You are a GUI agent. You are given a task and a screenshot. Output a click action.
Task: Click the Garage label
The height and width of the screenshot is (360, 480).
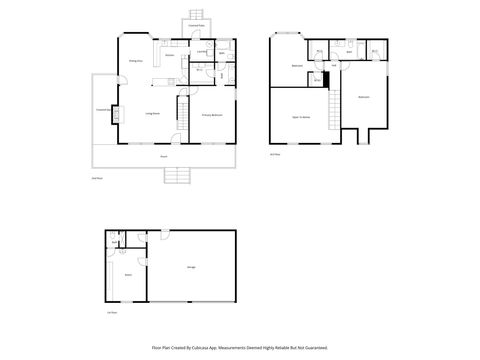tap(191, 267)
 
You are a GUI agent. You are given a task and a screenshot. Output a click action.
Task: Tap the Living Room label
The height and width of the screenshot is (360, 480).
tap(153, 115)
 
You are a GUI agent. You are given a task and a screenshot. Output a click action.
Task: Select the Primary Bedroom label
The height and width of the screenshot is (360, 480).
tap(211, 116)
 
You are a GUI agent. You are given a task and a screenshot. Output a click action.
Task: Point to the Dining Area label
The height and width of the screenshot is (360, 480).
tap(133, 61)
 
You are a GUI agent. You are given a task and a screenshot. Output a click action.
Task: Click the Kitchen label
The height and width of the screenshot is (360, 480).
tap(170, 56)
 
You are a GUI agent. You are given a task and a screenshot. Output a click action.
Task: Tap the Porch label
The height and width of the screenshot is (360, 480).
tap(163, 157)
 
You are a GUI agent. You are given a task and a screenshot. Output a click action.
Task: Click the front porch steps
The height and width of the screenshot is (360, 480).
tap(176, 177)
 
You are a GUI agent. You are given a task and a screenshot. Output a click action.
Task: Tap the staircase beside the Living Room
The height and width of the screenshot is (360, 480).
tap(183, 114)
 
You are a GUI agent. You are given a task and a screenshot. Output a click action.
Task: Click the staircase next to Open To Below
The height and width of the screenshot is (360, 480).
tap(331, 105)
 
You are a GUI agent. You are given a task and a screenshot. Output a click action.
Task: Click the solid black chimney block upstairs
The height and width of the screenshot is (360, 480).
tap(326, 80)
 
